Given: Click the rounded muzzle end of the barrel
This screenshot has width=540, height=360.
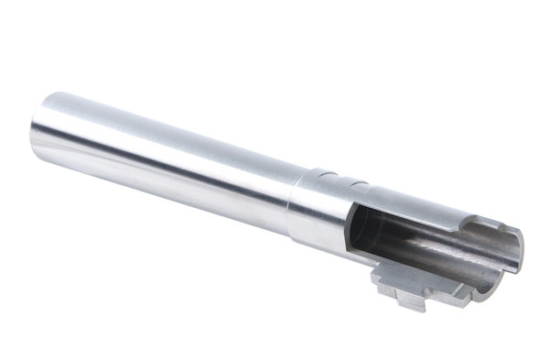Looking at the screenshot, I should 38,129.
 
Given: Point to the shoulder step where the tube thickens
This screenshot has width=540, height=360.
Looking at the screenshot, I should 295,209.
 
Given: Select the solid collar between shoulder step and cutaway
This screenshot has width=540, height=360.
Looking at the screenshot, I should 320,215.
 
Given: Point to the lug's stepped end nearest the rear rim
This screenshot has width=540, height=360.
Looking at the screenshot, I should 458,292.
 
